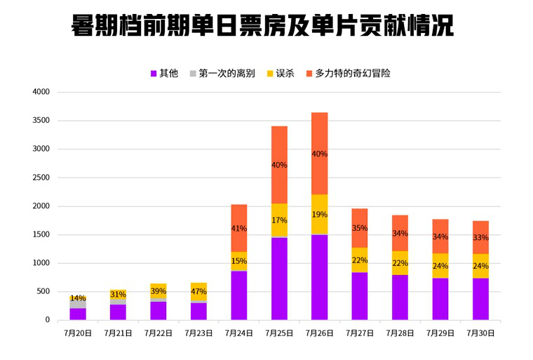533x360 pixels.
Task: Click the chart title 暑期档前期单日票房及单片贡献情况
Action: click(262, 27)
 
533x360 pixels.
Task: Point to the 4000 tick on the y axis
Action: click(41, 92)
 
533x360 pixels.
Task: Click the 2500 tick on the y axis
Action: click(41, 178)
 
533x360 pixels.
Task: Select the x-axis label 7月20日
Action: click(78, 333)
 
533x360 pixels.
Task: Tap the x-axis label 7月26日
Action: click(320, 333)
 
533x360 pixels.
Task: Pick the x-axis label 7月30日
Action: click(480, 333)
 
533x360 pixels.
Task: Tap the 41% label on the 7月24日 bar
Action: click(239, 228)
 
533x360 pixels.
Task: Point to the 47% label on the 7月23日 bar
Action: click(198, 291)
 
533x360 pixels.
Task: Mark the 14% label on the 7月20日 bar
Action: click(78, 298)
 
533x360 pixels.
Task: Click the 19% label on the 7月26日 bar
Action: click(320, 215)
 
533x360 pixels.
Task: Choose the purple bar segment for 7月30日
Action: click(480, 299)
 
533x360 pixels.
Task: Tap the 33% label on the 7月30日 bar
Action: click(480, 238)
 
